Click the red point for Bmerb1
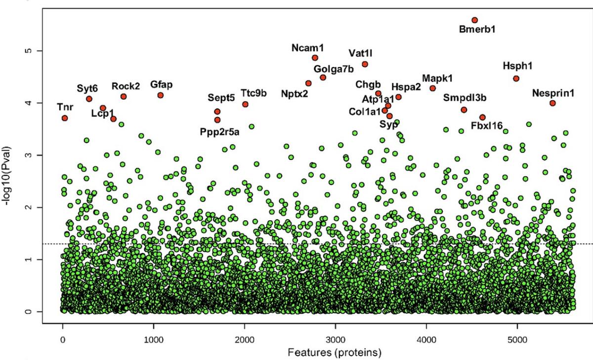[x=474, y=20]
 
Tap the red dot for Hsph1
[x=516, y=79]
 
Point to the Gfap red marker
[x=161, y=95]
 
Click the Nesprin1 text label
[x=553, y=93]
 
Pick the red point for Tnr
[x=65, y=118]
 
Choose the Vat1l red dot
[x=365, y=64]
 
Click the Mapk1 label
[x=437, y=79]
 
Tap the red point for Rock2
[x=124, y=97]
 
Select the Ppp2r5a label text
[x=220, y=132]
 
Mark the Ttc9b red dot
[x=245, y=104]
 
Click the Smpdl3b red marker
[x=464, y=110]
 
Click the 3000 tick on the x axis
[x=336, y=340]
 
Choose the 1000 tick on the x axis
[x=153, y=340]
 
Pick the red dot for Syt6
[x=89, y=99]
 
